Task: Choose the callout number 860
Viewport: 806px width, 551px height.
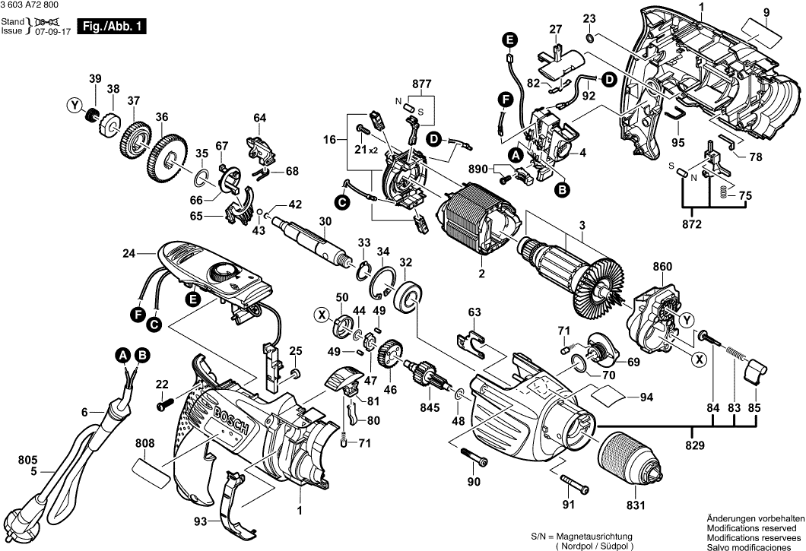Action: (x=663, y=267)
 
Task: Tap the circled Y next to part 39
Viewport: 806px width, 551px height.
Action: (x=75, y=106)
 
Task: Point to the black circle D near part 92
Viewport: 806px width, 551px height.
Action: (x=609, y=78)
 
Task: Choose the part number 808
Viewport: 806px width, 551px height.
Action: (x=145, y=442)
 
